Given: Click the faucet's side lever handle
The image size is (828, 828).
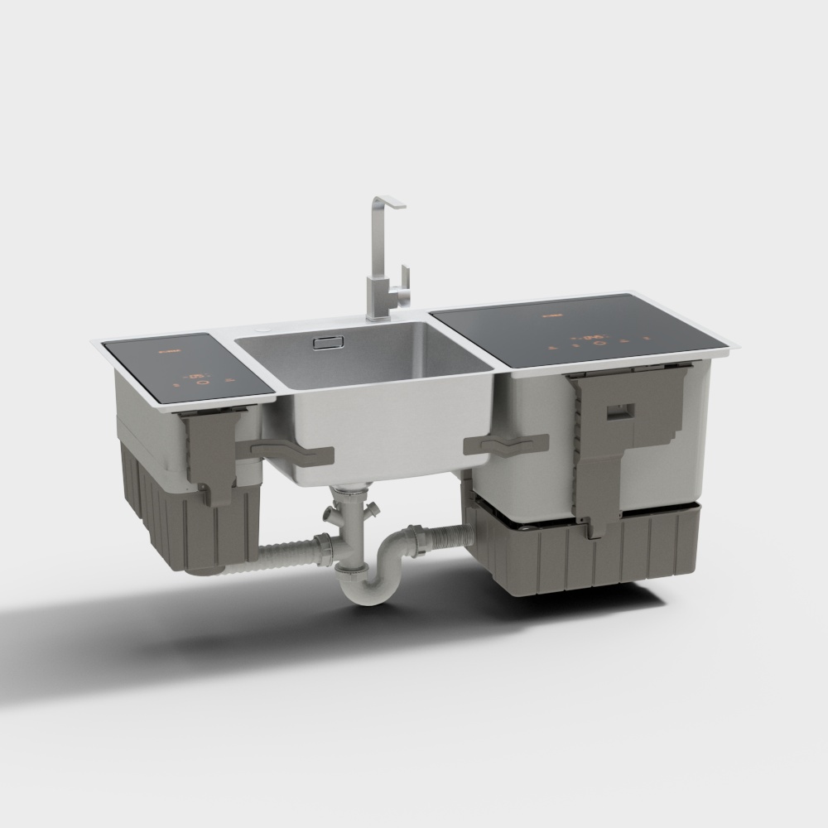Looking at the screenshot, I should pyautogui.click(x=403, y=278).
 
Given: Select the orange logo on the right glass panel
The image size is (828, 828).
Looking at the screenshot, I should pyautogui.click(x=552, y=315).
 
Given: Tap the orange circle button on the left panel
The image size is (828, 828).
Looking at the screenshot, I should pyautogui.click(x=200, y=382).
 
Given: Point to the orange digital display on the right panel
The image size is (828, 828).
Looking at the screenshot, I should pyautogui.click(x=591, y=337).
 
